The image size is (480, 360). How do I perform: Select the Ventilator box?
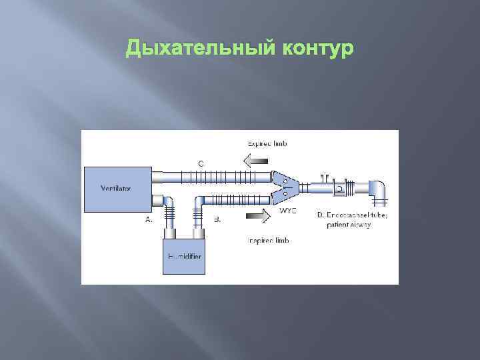[x=116, y=187]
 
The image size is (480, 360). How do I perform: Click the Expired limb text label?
[x=269, y=143]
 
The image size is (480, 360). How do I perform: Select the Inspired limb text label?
[x=268, y=240]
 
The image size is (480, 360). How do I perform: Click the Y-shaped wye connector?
[x=287, y=187]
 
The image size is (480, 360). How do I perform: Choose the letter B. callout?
[x=217, y=219]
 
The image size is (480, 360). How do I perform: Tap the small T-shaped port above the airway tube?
[x=325, y=178]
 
